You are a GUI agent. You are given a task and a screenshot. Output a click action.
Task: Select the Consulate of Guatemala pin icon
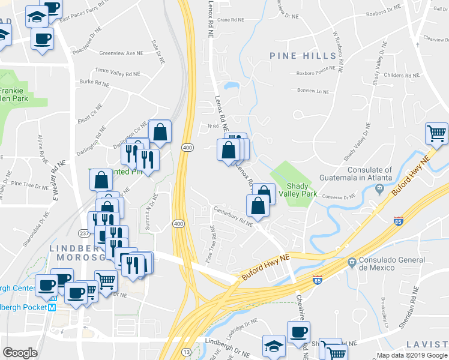pos(379,189)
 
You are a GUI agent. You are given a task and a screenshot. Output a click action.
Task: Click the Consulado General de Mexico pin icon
pos(352,262)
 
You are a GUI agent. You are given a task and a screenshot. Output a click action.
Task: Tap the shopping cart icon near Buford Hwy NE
pos(436,133)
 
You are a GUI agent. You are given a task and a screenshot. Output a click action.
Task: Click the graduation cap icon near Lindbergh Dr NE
pos(274,346)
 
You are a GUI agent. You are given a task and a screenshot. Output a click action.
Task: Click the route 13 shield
pos(187,351)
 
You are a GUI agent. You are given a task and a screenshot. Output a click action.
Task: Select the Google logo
pos(20,353)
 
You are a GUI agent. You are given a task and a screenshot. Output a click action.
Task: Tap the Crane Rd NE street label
pos(231,20)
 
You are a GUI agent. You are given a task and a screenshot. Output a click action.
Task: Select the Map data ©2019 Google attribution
pos(412,355)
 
